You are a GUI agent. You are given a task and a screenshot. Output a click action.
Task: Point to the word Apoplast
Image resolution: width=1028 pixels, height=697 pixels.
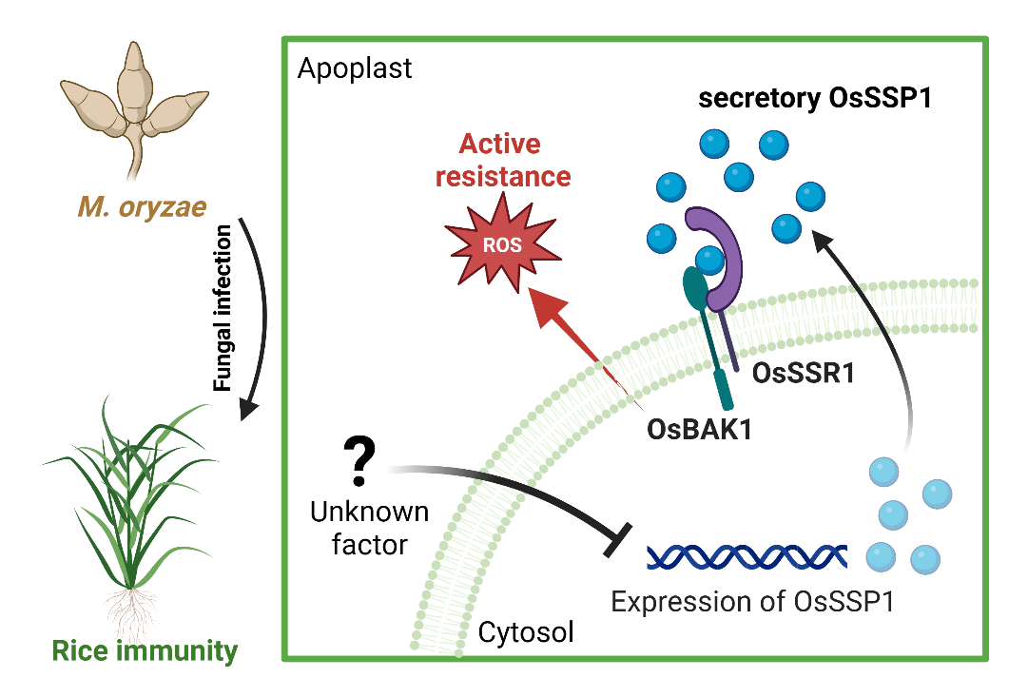coord(354,68)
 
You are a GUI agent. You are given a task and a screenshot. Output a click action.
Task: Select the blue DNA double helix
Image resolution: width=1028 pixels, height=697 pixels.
coord(747,556)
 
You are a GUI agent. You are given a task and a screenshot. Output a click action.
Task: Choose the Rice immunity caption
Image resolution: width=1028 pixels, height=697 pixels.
coord(145,652)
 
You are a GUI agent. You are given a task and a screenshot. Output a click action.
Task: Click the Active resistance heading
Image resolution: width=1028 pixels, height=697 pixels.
coord(514,161)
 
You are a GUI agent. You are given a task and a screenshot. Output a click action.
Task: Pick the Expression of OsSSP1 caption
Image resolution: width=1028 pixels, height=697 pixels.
coord(752,603)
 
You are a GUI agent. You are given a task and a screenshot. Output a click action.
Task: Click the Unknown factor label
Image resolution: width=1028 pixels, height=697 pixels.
coord(370,529)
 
